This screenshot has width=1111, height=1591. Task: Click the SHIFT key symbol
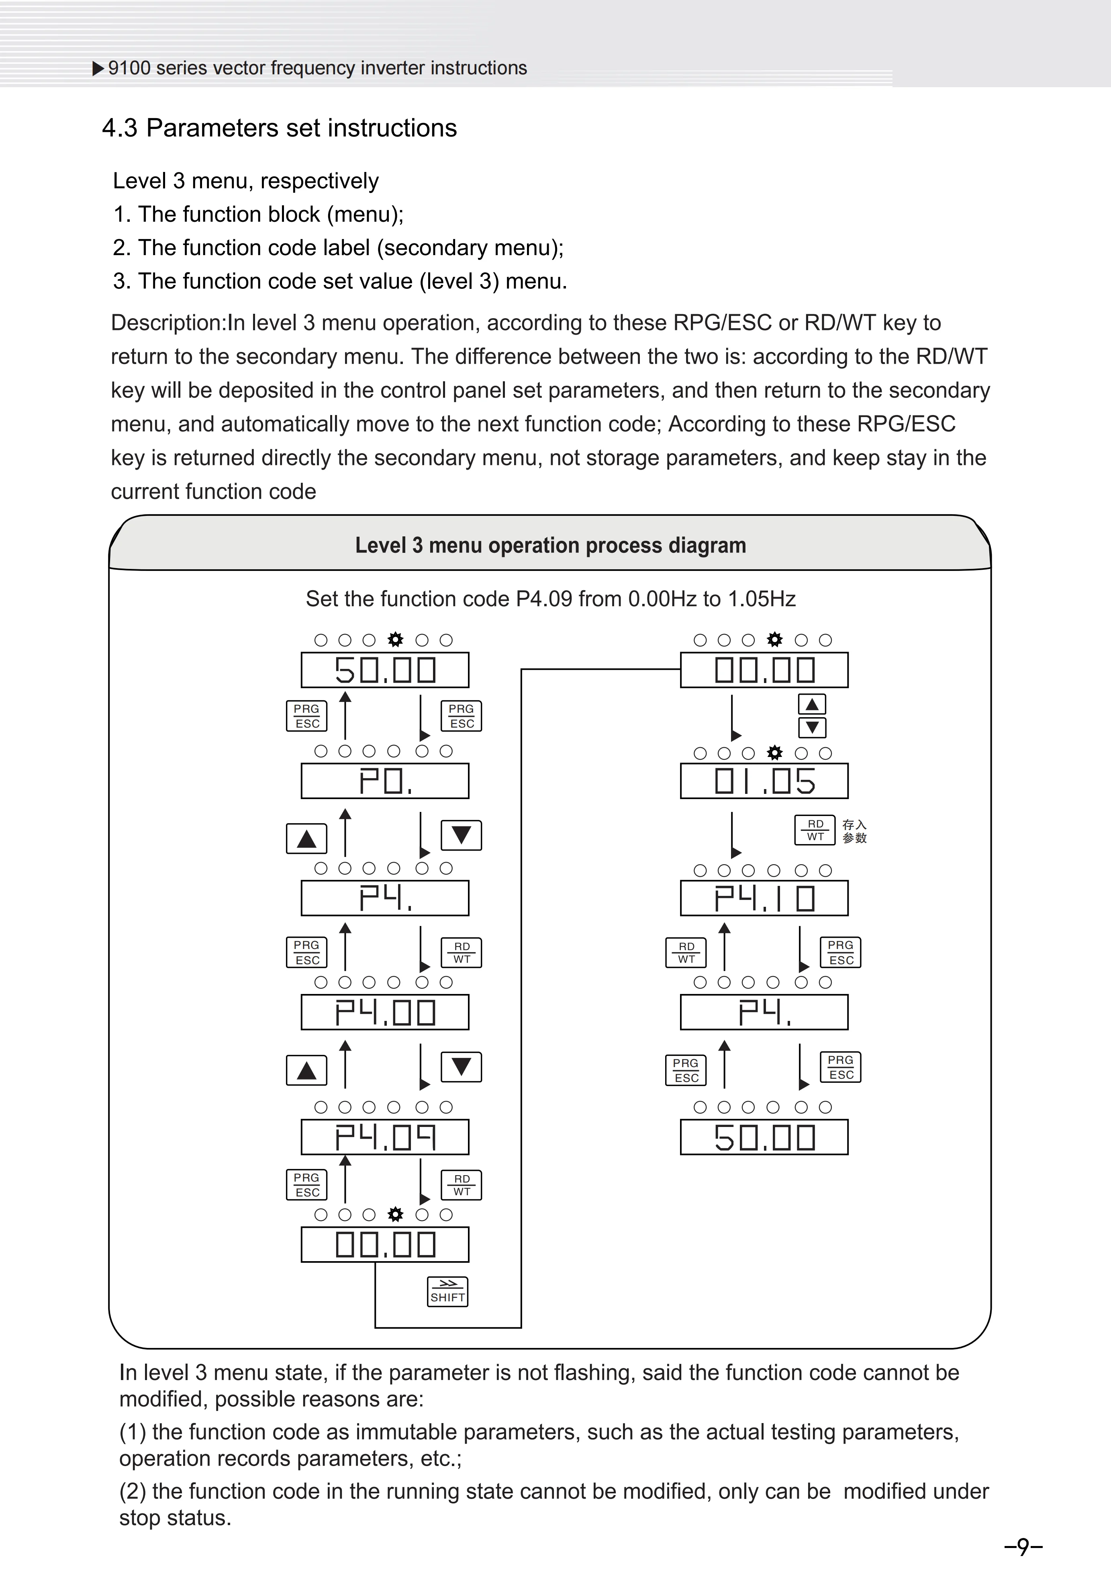(447, 1292)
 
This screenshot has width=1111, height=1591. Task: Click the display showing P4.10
(764, 899)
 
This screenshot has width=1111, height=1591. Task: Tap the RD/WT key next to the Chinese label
(815, 830)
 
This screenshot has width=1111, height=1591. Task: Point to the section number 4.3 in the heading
(120, 128)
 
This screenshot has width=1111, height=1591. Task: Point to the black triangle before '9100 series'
(98, 68)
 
